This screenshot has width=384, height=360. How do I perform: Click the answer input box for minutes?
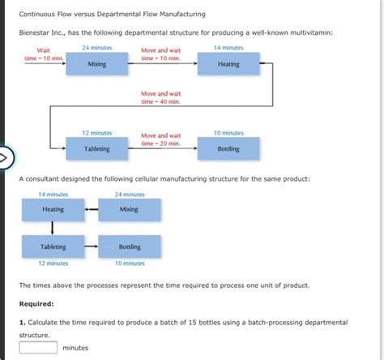tap(38, 348)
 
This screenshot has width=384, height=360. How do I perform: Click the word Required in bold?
tap(37, 304)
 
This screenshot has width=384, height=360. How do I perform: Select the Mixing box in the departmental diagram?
tap(97, 64)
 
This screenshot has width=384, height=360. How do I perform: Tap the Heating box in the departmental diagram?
tap(228, 64)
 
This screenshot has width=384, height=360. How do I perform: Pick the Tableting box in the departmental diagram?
tap(97, 148)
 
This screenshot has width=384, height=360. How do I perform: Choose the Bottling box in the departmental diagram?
tap(228, 148)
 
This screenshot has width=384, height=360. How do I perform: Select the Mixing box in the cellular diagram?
tap(129, 209)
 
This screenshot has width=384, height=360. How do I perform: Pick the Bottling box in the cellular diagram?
tap(129, 246)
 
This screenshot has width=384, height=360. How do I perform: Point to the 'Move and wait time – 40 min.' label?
tap(160, 98)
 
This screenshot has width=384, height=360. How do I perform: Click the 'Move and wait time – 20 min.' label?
tap(160, 139)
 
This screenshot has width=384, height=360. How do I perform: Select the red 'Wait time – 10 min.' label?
tap(38, 54)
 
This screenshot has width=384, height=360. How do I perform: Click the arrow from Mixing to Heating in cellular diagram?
tap(91, 209)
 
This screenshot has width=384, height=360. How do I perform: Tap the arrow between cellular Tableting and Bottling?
tap(91, 246)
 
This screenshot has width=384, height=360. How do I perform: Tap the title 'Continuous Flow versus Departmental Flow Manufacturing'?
tap(112, 14)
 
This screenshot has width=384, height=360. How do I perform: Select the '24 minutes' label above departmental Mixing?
tap(97, 48)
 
